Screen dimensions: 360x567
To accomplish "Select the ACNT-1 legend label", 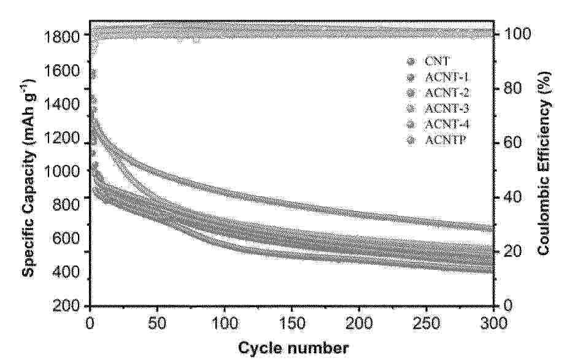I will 447,77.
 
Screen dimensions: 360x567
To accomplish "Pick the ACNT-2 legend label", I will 447,93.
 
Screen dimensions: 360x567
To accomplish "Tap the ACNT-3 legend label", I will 447,109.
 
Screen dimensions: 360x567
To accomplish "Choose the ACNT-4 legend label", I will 447,125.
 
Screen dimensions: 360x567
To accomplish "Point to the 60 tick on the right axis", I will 509,142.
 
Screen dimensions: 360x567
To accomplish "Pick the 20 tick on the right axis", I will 509,251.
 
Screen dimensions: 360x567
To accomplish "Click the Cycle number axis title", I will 293,348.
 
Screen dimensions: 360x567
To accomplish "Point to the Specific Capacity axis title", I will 28,171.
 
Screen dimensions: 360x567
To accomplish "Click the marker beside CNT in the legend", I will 411,61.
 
